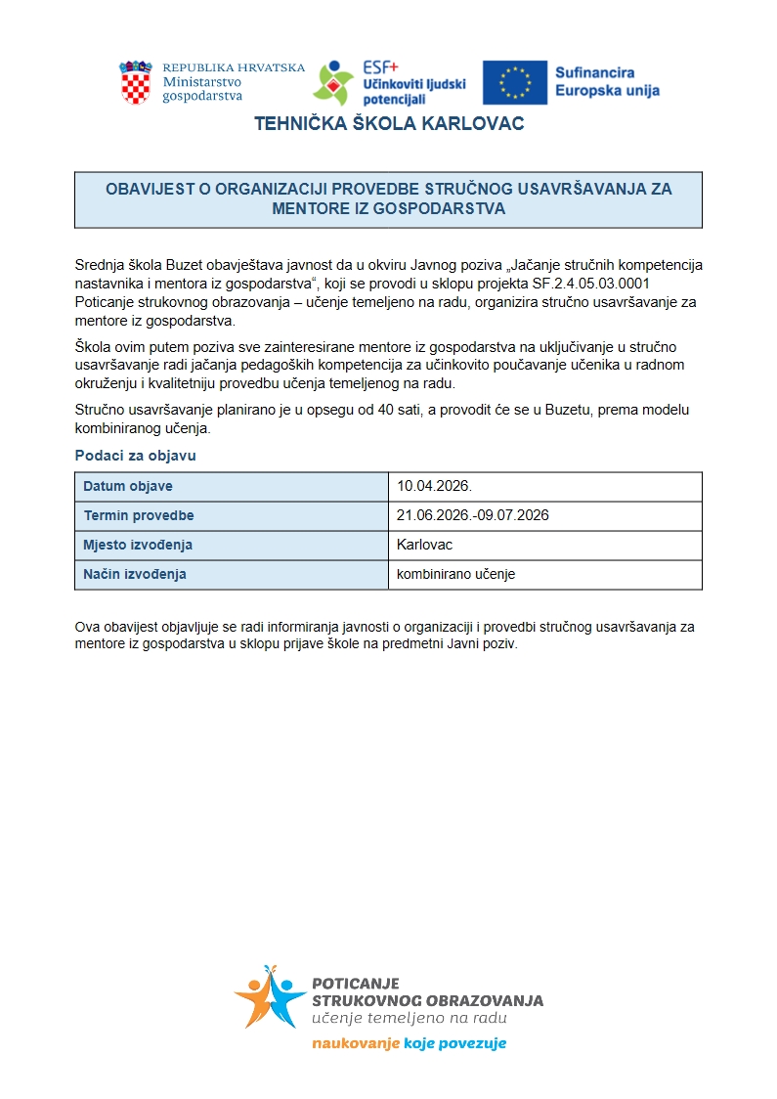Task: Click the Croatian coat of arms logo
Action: click(x=136, y=82)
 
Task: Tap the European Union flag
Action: click(x=514, y=82)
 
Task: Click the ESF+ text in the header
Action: click(x=380, y=67)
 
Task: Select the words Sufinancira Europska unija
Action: click(x=607, y=82)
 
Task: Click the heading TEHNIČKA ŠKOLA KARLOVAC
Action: click(x=389, y=124)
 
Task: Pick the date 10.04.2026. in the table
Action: click(x=434, y=486)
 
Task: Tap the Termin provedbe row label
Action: click(x=139, y=515)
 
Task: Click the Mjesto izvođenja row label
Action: click(x=138, y=545)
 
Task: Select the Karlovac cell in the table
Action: click(x=425, y=545)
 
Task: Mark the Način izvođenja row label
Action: click(x=135, y=574)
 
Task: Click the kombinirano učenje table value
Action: click(x=455, y=574)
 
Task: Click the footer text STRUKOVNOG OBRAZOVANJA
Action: click(x=427, y=1001)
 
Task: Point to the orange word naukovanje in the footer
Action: click(x=356, y=1043)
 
